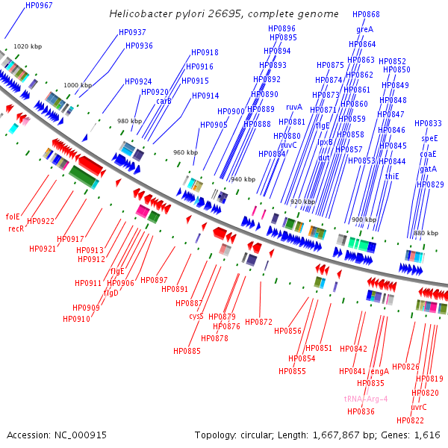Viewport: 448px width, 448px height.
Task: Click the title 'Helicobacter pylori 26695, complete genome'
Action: [224, 14]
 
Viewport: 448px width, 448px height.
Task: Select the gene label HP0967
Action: [39, 5]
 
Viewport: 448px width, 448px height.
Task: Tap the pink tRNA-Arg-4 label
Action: [366, 399]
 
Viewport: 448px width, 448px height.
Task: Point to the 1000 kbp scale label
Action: [78, 86]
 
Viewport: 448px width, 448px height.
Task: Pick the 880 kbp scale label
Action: [424, 234]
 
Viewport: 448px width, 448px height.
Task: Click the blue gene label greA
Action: [364, 29]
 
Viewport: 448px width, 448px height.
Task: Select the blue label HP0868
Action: [365, 14]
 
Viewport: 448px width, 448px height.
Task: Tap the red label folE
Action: [13, 217]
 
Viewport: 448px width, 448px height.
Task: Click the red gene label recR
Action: [16, 228]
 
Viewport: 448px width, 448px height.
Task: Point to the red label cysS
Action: [196, 316]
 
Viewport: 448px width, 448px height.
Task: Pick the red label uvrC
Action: [419, 407]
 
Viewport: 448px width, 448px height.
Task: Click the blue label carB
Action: [164, 101]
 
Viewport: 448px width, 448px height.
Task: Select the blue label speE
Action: [429, 138]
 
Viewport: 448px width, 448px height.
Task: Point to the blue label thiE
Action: [392, 176]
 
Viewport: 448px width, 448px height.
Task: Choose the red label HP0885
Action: [187, 351]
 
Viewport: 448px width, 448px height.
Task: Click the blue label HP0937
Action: [132, 32]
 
